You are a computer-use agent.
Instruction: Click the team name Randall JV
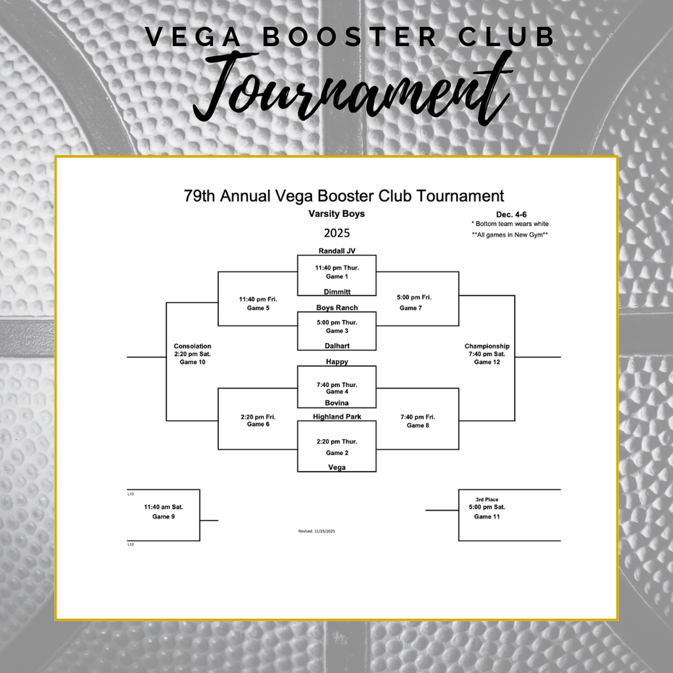point(336,251)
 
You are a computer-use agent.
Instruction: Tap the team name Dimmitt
point(337,292)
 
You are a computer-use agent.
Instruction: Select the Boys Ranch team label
point(337,308)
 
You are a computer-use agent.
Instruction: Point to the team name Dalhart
point(337,346)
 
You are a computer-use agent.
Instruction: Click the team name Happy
point(337,362)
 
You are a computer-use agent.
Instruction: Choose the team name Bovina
point(336,403)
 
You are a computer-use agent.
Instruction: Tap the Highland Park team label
point(337,417)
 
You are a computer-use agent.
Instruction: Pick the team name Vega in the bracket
point(336,467)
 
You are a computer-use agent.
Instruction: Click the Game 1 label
point(336,277)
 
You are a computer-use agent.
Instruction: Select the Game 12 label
point(487,362)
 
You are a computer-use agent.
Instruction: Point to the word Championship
point(487,346)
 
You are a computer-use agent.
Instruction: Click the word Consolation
point(193,346)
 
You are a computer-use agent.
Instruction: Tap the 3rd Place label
point(487,499)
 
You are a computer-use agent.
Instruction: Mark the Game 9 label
point(164,517)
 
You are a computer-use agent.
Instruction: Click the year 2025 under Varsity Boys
point(336,233)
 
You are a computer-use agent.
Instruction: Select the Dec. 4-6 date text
point(511,214)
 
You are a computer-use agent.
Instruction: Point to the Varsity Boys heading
point(336,214)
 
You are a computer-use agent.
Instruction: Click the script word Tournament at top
point(352,92)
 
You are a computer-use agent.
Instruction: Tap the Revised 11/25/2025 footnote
point(317,531)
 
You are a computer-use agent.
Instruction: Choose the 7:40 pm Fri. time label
point(417,417)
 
